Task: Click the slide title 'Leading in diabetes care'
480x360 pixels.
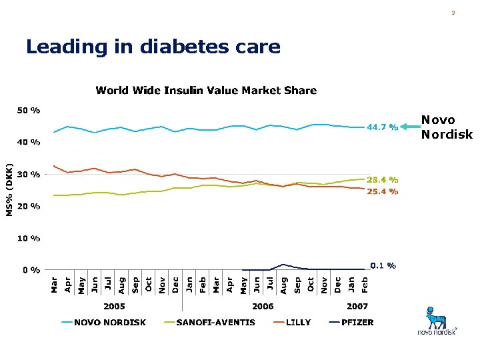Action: point(153,47)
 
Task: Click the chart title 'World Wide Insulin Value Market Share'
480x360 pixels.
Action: point(206,90)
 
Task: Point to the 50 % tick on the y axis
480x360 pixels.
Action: point(28,110)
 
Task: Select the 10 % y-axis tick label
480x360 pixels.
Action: point(28,238)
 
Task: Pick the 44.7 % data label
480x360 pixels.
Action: point(383,127)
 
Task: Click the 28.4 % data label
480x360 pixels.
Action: point(383,179)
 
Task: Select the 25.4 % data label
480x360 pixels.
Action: point(383,191)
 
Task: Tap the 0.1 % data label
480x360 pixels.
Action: point(383,265)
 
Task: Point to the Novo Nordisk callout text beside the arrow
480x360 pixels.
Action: point(446,127)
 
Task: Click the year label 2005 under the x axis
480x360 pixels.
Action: point(114,306)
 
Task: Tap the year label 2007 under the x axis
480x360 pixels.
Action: point(357,306)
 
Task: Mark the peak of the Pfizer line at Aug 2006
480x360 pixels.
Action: point(283,265)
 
